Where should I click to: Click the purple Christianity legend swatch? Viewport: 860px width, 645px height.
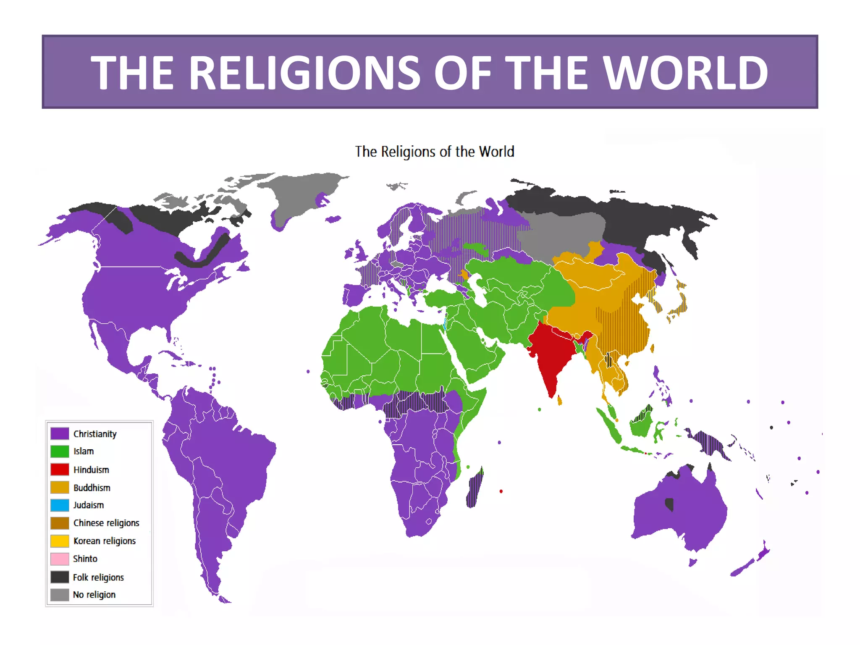tap(60, 433)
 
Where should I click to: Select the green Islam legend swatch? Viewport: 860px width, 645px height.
tap(60, 451)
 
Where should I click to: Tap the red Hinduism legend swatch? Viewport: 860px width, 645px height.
tap(60, 469)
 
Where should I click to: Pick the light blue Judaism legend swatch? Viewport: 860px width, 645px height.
tap(60, 505)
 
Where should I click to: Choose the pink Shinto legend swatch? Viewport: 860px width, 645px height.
tap(60, 559)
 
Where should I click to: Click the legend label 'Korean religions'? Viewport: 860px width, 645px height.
tap(105, 541)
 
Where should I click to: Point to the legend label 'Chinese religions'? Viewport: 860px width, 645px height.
tap(106, 523)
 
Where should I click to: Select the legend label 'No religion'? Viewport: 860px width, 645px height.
tap(94, 595)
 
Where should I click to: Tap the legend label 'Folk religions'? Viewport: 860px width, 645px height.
tap(98, 577)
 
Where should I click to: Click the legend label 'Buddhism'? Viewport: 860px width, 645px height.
tap(92, 488)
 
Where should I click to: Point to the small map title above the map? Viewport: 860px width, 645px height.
tap(435, 152)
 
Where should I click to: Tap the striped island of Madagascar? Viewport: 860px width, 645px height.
tap(475, 489)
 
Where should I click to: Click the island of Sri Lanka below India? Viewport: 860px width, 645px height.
tap(560, 401)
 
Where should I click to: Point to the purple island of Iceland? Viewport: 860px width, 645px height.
tap(333, 219)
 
